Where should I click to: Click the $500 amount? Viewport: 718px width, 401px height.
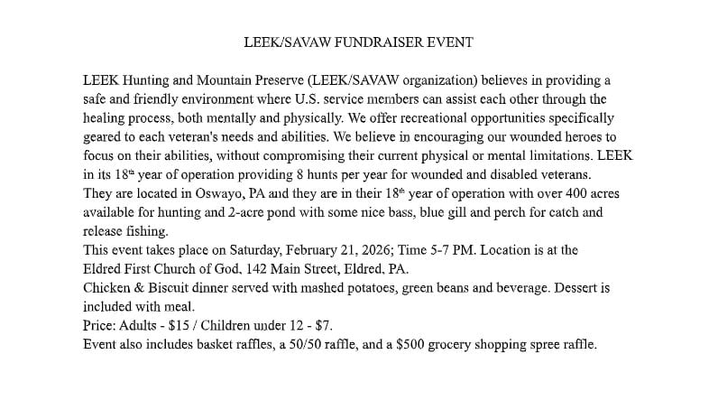pyautogui.click(x=412, y=345)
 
